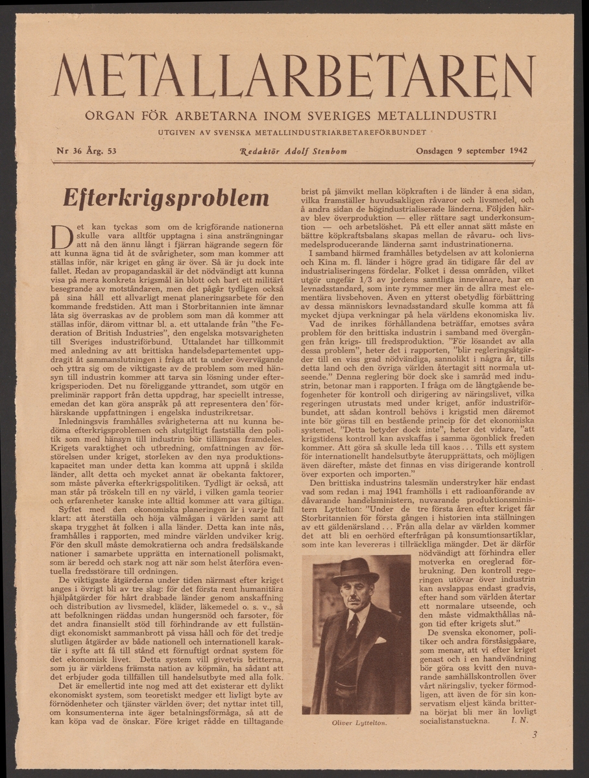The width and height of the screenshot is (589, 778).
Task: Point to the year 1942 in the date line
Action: (515, 152)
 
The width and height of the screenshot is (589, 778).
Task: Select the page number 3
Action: (534, 735)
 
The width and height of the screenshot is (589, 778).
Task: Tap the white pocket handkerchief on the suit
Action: (380, 640)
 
